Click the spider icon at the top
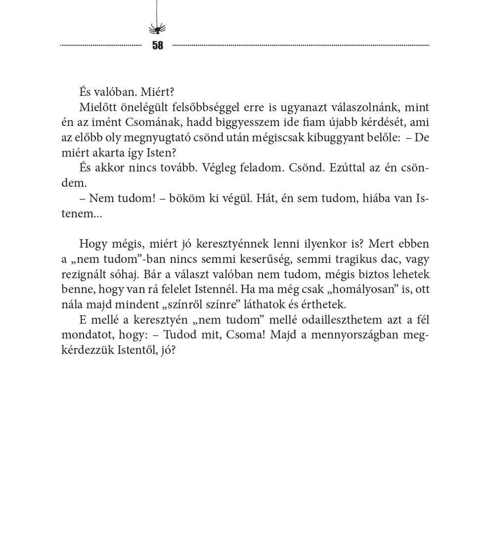point(157,29)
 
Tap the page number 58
point(158,45)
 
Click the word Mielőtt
point(97,107)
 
